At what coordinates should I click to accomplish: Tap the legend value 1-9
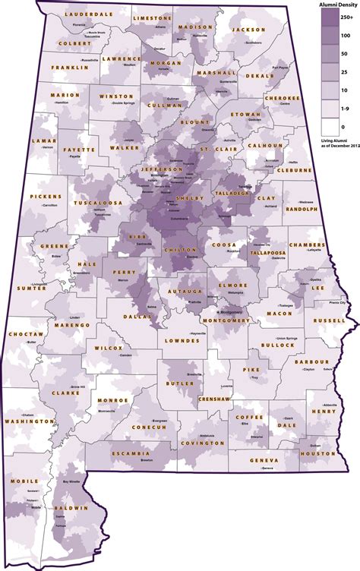click(346, 109)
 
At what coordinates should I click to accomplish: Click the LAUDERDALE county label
click(84, 14)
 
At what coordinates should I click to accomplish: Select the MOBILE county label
click(24, 481)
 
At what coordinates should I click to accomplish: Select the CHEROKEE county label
click(279, 99)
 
